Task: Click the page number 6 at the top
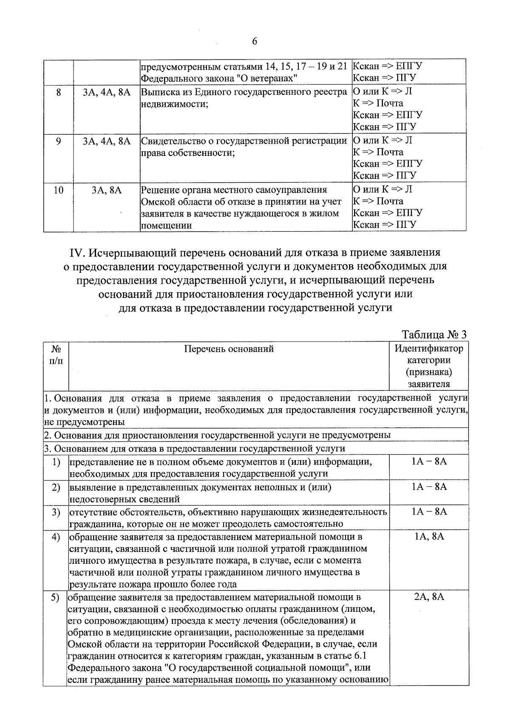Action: tap(254, 41)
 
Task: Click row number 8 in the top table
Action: tap(58, 92)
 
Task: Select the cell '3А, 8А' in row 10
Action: tap(107, 190)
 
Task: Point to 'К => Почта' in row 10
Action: tap(378, 201)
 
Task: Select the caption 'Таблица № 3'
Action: tap(434, 334)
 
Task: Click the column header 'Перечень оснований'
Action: tap(229, 349)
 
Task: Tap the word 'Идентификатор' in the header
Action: tap(429, 349)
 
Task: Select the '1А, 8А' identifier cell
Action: tap(429, 536)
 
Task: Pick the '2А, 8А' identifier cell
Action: tap(429, 596)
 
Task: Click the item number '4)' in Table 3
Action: tap(56, 537)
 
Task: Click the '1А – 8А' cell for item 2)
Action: tap(429, 487)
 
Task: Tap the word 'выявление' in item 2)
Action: tap(91, 487)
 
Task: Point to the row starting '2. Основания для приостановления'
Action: tap(217, 435)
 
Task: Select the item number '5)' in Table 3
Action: tap(55, 597)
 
